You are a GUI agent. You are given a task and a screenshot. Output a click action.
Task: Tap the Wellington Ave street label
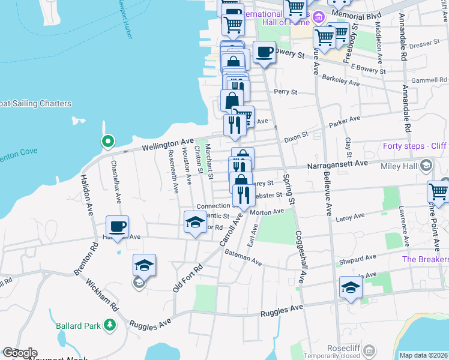pos(167,145)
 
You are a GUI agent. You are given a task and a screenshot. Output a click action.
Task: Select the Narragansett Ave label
pos(337,163)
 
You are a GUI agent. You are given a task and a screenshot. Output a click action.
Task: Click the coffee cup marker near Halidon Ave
pos(117,227)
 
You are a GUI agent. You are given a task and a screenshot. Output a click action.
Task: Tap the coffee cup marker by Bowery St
pos(264,52)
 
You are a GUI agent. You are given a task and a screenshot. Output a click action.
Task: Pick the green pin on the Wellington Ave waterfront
pos(107,142)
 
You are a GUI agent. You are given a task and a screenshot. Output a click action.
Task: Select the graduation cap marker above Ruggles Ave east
pos(351,287)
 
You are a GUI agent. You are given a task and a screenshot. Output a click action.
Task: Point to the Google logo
pos(20,353)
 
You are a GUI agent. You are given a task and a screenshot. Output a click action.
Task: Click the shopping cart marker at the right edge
pos(438,193)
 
